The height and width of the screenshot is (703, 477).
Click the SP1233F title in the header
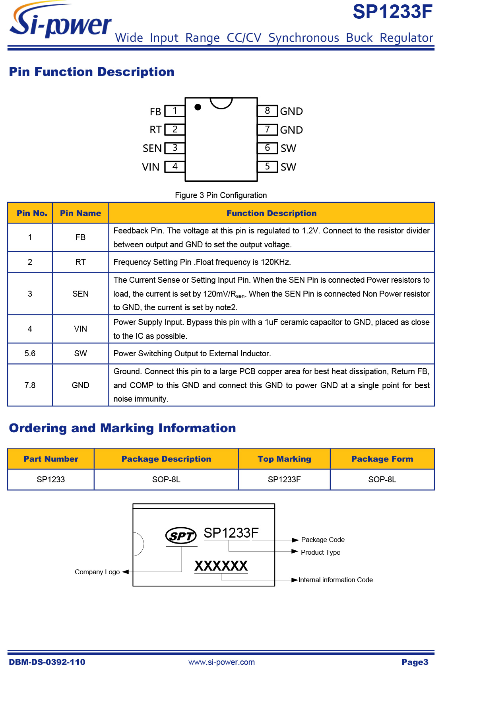tap(392, 12)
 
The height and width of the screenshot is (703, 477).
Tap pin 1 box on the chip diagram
tap(175, 111)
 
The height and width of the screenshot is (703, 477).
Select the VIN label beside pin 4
tap(151, 167)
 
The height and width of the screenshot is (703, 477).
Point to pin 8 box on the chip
tap(268, 111)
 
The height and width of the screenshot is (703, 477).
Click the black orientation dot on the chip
tap(198, 107)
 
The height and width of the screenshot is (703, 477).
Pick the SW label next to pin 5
tap(288, 167)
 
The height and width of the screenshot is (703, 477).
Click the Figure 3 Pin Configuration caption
tap(221, 195)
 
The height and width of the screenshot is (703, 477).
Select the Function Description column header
tap(271, 213)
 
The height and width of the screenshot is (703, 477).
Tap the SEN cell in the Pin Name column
tap(80, 294)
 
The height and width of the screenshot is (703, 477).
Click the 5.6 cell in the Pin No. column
tap(30, 353)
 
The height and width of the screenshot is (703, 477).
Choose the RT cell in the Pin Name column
tap(80, 262)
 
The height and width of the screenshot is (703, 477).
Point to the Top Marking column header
tap(284, 459)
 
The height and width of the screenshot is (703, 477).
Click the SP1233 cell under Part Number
tap(50, 480)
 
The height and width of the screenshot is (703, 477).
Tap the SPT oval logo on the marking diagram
tap(181, 536)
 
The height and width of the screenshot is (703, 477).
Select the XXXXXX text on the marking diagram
tap(221, 566)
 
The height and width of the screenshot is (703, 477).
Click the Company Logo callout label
tap(97, 572)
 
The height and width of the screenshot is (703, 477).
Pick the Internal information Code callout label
tap(335, 580)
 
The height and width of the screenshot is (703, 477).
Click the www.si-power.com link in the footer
tap(221, 662)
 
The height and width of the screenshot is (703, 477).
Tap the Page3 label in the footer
tap(415, 662)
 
